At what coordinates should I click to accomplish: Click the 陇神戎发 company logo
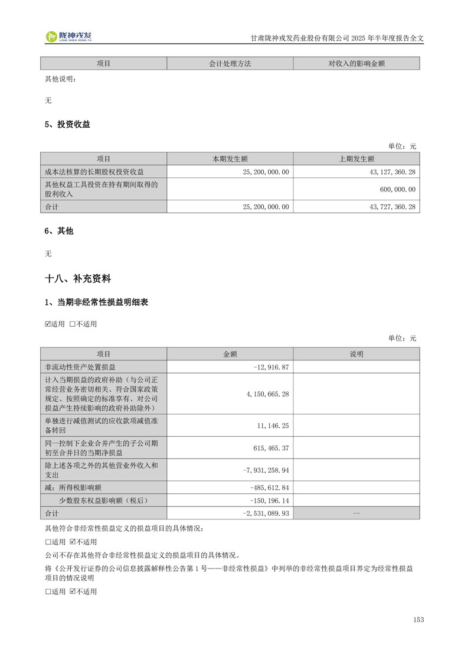point(69,37)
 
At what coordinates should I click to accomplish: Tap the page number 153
point(418,619)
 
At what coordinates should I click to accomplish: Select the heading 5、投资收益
point(67,124)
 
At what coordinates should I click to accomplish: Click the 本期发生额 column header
point(230,158)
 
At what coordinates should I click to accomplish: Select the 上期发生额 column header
point(356,158)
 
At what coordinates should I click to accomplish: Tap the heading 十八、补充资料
point(78,278)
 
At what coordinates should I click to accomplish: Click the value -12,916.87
point(270,367)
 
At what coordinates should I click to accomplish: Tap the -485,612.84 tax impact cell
point(269,487)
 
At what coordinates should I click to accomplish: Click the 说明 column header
point(356,354)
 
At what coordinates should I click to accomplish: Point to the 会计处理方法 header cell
point(230,63)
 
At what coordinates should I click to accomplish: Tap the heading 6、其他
point(59,230)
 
